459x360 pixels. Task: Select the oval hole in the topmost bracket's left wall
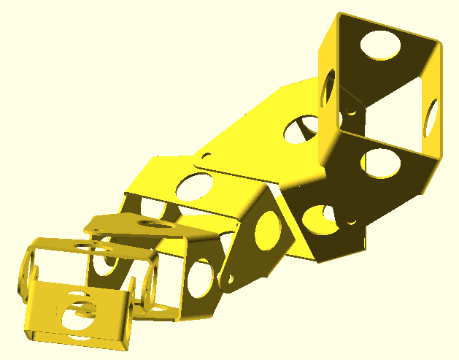pos(328,90)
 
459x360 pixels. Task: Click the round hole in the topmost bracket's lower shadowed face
pos(377,162)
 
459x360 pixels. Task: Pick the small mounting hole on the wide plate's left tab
pos(207,156)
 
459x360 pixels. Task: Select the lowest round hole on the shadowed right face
pos(318,218)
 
